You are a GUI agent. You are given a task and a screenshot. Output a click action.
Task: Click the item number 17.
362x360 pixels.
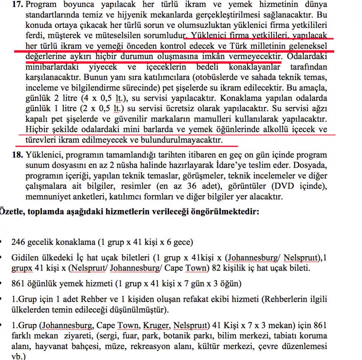(x=18, y=5)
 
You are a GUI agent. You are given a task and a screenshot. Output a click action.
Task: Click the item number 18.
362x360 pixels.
(x=18, y=155)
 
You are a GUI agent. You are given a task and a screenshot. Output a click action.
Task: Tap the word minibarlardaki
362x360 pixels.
(x=49, y=67)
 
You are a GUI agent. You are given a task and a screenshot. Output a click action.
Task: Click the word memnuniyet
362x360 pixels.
(x=47, y=197)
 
